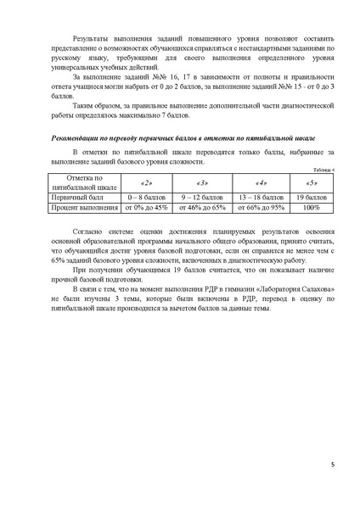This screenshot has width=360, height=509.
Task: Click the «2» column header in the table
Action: [146, 182]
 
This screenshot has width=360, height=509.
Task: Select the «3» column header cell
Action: [201, 182]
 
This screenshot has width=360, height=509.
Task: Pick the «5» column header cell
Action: [312, 182]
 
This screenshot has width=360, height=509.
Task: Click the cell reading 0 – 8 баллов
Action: [146, 196]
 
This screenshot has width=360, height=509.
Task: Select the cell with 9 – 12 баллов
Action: [201, 196]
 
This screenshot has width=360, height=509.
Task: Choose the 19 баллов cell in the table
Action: [312, 196]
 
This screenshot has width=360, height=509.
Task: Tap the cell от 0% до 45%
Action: [146, 206]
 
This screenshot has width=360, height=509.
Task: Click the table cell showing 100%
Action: [312, 206]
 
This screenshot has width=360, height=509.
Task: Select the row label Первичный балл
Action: [78, 196]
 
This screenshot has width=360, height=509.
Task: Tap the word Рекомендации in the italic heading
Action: [73, 136]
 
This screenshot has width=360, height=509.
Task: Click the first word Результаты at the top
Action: [93, 39]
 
